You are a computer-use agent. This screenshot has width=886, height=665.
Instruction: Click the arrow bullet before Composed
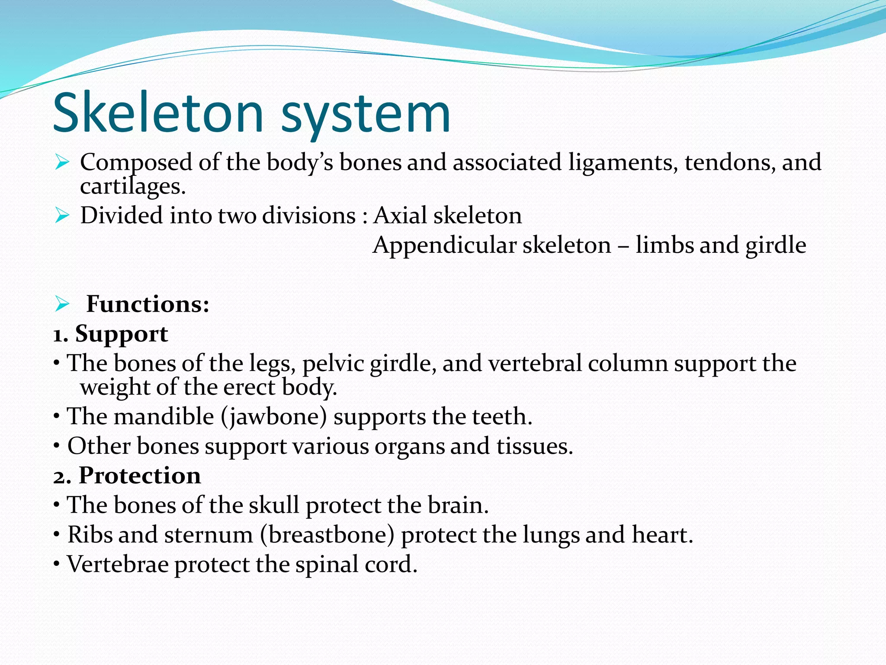pos(62,163)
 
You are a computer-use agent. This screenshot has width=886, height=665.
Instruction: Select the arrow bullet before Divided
pos(62,215)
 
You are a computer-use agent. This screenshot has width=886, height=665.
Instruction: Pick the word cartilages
pos(132,187)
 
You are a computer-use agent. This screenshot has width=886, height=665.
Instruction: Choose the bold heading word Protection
pos(140,475)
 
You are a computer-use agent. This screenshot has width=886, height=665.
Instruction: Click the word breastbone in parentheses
pos(327,535)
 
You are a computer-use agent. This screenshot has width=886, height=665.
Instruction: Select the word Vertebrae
pos(118,565)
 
